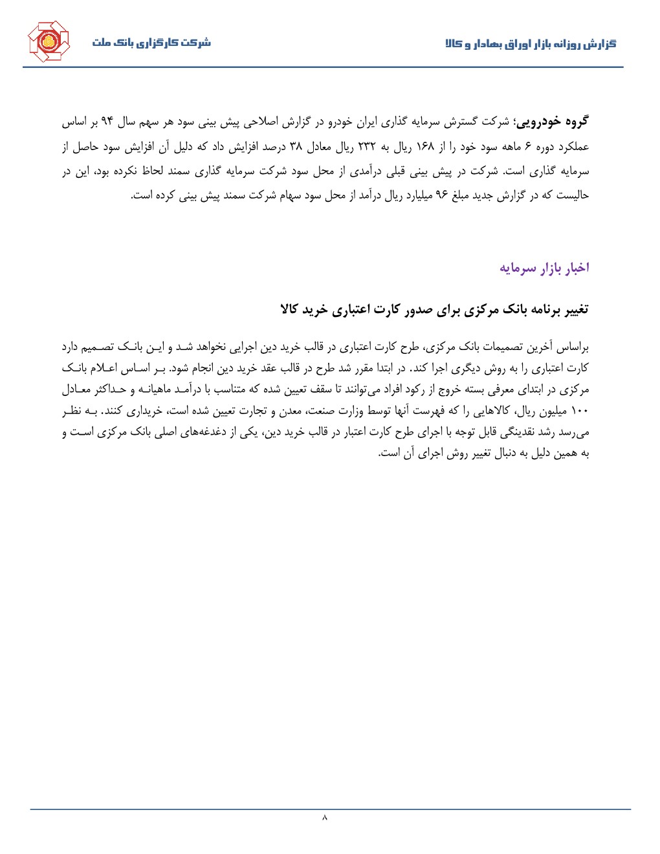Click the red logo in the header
point(48,42)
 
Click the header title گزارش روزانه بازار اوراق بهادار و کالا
point(531,44)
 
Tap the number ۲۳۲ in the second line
point(366,146)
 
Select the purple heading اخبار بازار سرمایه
point(544,268)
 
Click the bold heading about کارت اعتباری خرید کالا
point(434,309)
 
